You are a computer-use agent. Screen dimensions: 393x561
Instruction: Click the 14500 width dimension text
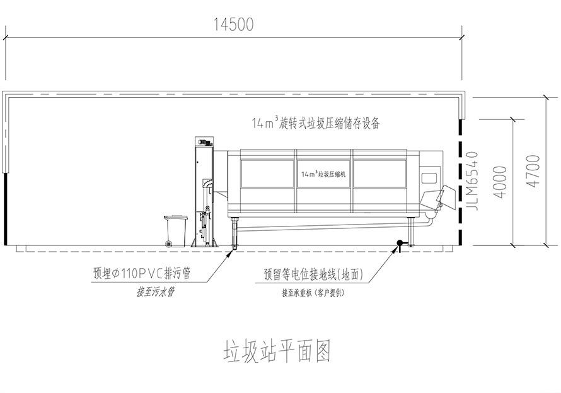pos(233,25)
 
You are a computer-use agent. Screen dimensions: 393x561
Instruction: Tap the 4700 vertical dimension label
pos(535,171)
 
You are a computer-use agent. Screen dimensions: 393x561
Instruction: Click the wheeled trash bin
pos(175,231)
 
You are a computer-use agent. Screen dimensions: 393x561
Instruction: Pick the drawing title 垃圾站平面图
pos(277,350)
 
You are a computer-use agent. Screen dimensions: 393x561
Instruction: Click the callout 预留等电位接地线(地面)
pos(311,274)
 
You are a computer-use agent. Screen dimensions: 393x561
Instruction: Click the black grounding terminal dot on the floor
pos(399,243)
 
